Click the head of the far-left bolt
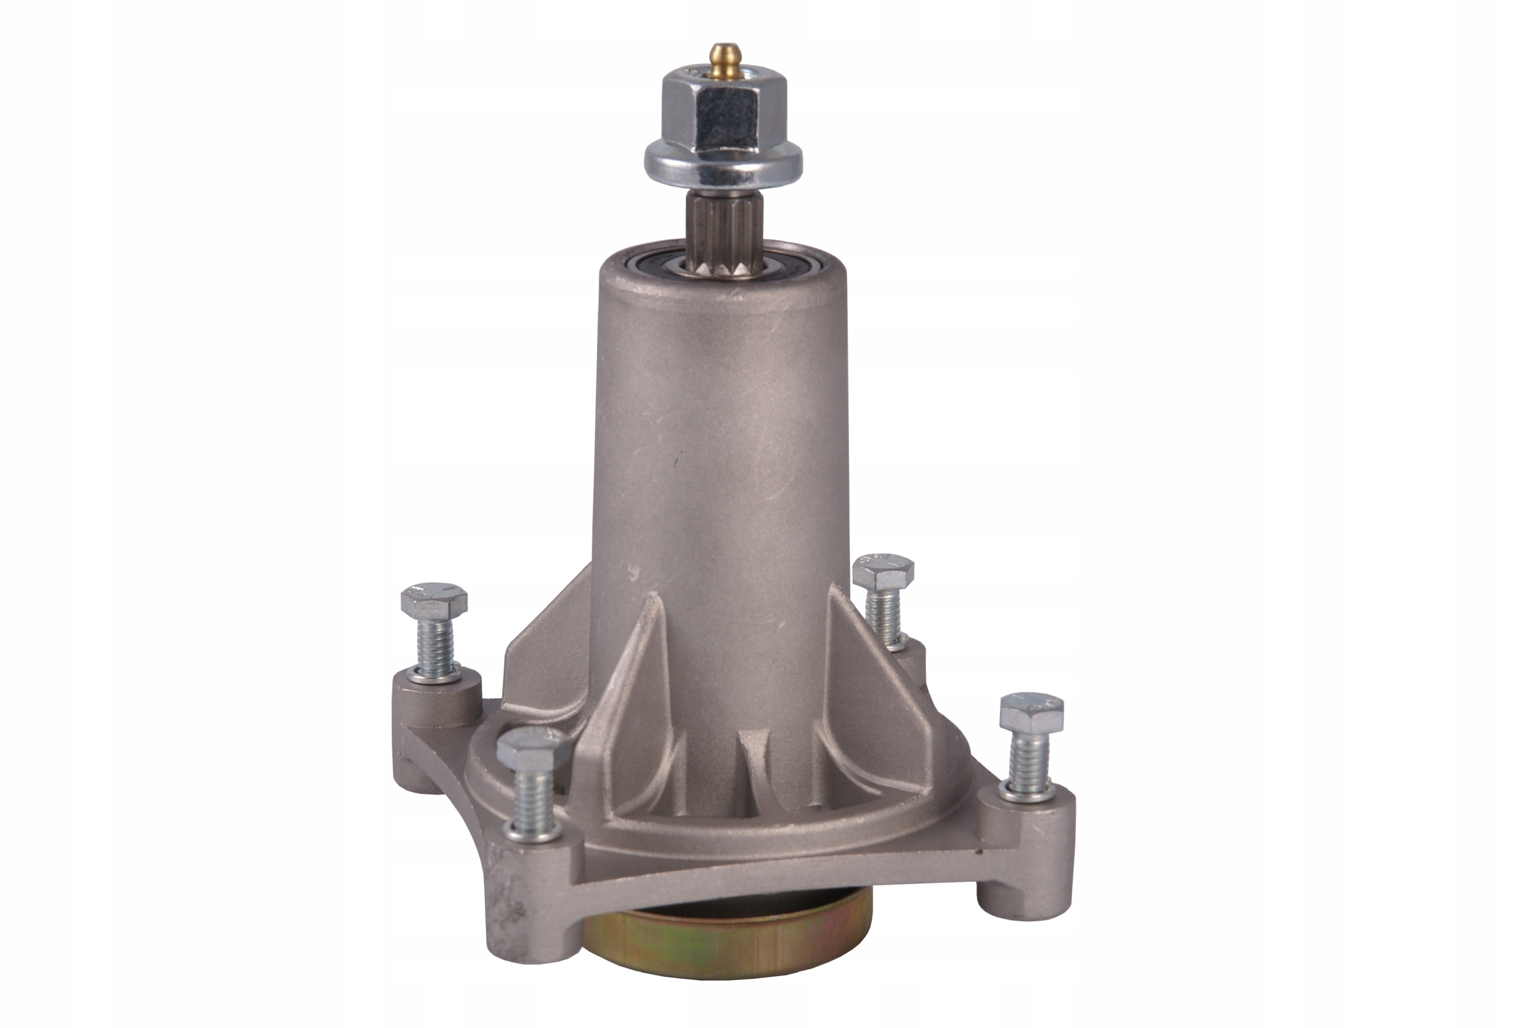point(434,600)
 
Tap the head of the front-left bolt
point(533,750)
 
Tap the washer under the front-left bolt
point(532,831)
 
